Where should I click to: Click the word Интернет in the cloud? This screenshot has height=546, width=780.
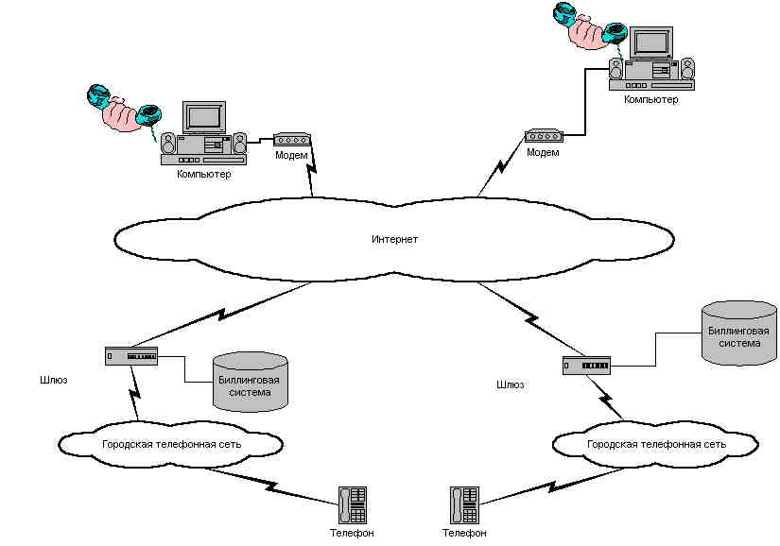point(394,239)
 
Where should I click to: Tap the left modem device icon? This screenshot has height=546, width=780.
point(293,139)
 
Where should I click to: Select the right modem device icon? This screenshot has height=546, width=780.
point(544,135)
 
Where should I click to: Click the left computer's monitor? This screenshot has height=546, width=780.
point(203,117)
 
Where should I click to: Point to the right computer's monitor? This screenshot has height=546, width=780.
point(651,42)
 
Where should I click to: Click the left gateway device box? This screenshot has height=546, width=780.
point(131,356)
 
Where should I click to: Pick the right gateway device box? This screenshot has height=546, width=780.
point(586,365)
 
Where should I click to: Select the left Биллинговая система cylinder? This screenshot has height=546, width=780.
point(250,382)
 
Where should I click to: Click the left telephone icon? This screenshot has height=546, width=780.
point(353,504)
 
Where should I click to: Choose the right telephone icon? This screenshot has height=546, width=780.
point(465,504)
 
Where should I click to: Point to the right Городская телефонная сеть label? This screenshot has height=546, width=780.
point(656,443)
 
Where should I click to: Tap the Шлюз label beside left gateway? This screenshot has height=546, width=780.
point(54,379)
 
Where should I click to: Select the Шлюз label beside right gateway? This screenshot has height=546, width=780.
point(510,384)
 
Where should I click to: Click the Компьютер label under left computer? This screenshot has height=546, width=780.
point(203,174)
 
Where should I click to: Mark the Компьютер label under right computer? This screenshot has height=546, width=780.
point(651,98)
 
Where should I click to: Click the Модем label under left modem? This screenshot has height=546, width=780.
point(291,155)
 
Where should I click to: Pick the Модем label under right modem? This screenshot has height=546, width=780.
point(543,152)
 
